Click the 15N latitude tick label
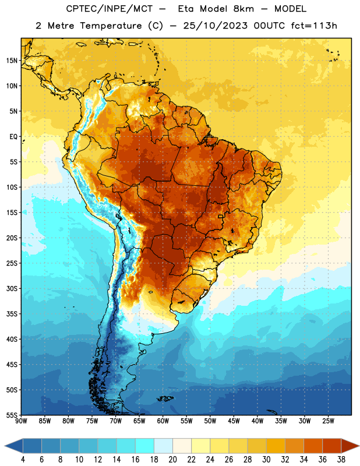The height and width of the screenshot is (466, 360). [12, 61]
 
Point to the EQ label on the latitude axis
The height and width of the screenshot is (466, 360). [13, 137]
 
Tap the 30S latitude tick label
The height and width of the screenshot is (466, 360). [12, 288]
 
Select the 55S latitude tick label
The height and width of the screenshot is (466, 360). [12, 415]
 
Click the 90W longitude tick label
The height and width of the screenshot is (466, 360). [21, 421]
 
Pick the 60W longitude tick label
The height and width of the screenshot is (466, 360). [163, 421]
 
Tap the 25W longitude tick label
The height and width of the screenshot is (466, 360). [328, 421]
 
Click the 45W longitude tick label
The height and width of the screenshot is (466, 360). [234, 421]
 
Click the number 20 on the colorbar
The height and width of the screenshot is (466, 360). [172, 460]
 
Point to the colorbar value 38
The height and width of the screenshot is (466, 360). [341, 460]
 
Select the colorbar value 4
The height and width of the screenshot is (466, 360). [23, 460]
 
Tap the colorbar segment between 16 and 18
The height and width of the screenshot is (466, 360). [144, 446]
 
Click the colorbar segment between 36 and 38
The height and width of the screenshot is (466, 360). [332, 446]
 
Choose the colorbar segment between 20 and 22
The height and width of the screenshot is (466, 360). [182, 446]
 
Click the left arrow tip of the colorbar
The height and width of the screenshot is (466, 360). [5, 446]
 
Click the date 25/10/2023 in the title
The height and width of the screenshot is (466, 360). [215, 26]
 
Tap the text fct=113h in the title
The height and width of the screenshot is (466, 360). [314, 26]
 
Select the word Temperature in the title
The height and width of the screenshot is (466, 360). [111, 26]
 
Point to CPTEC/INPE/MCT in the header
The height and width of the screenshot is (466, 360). [109, 9]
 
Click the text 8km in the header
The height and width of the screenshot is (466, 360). [243, 9]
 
